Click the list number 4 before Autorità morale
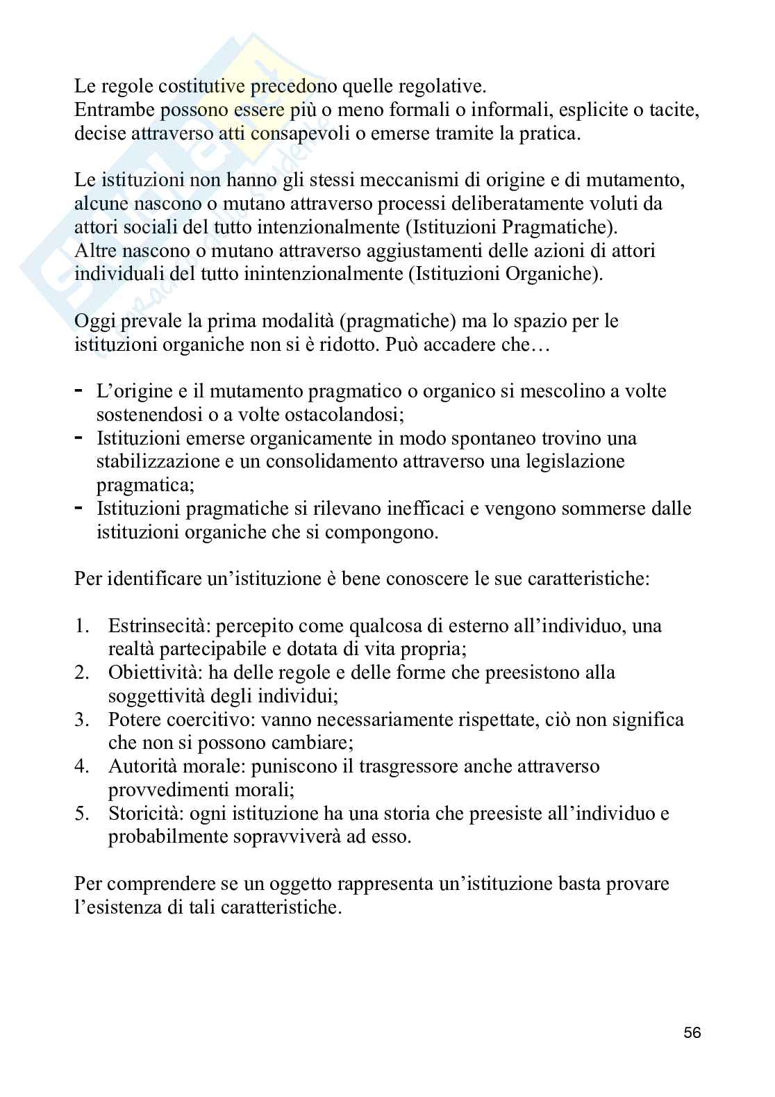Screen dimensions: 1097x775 [82, 766]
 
